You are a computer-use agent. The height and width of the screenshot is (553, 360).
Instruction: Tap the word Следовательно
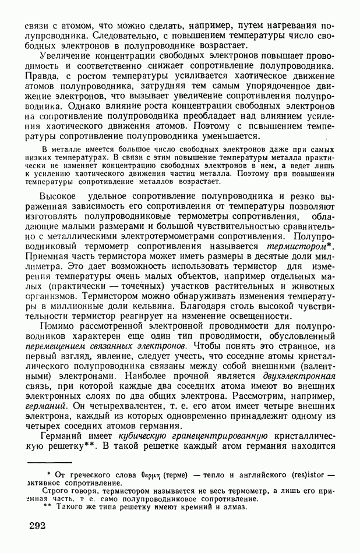[94, 37]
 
